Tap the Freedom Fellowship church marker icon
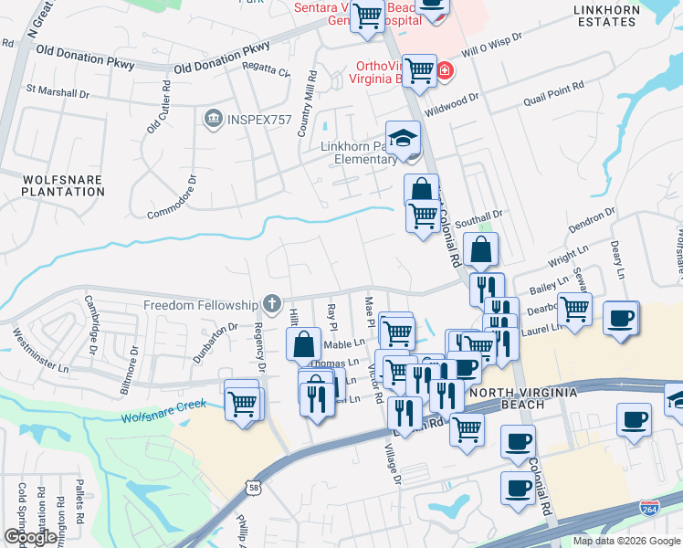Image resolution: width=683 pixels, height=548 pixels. pyautogui.click(x=271, y=303)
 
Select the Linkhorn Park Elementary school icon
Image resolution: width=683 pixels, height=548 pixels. pyautogui.click(x=402, y=139)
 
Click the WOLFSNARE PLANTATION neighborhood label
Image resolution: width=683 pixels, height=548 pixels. pyautogui.click(x=63, y=185)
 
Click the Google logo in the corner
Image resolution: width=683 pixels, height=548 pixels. pyautogui.click(x=29, y=537)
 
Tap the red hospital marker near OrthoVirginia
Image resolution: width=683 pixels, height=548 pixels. pyautogui.click(x=445, y=71)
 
